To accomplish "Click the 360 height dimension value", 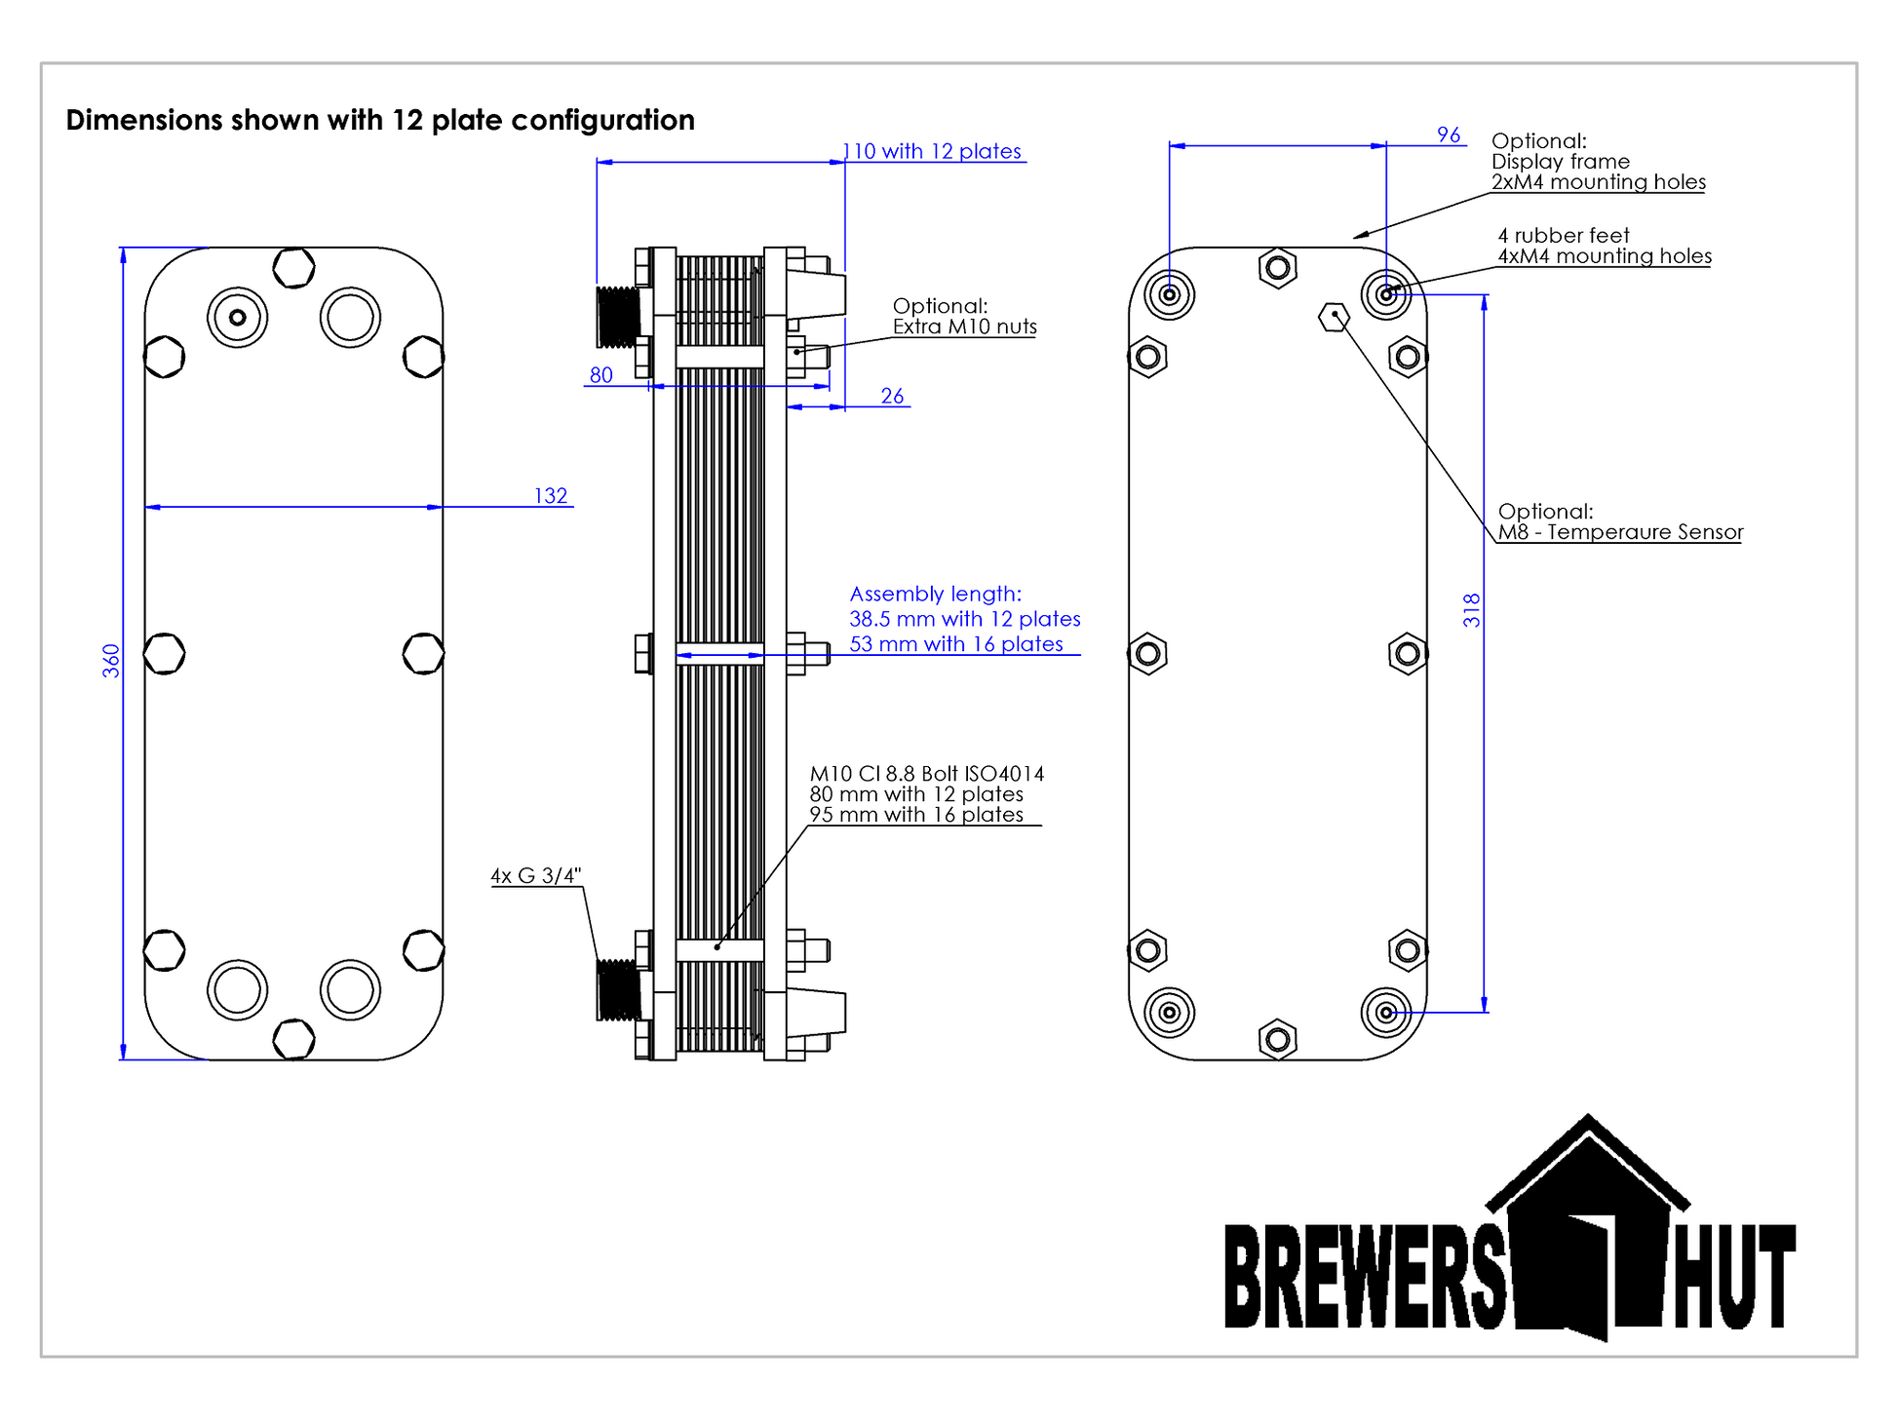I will click(111, 661).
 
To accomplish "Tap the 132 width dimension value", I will click(550, 496).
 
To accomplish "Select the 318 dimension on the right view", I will click(1471, 610).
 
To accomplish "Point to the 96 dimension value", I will click(1449, 135).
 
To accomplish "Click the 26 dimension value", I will click(892, 396).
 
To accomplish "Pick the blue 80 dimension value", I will click(600, 375).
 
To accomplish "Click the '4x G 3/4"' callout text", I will click(535, 875).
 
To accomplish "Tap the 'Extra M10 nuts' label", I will click(964, 327).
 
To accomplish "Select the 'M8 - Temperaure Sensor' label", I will click(1619, 532).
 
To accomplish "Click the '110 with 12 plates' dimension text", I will click(933, 151).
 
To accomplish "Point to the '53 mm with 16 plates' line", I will click(955, 644).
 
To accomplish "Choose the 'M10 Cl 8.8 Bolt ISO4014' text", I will click(926, 774).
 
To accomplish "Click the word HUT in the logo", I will click(1735, 1277).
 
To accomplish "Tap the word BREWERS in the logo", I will click(1365, 1277).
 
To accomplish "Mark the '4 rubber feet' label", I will click(1564, 236).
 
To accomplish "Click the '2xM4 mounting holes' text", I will click(1598, 182).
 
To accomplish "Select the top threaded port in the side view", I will click(618, 316).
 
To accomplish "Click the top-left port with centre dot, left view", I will click(237, 317).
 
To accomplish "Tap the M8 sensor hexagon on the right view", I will click(1334, 316).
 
